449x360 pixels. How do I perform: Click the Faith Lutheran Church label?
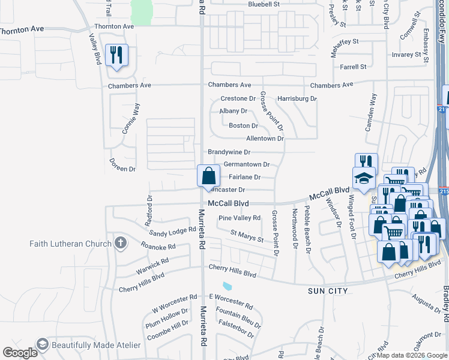pyautogui.click(x=71, y=243)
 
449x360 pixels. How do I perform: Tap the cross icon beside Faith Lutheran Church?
pyautogui.click(x=121, y=243)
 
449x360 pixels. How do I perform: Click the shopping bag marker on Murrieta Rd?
pyautogui.click(x=208, y=176)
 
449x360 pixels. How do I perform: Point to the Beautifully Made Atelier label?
pyautogui.click(x=96, y=345)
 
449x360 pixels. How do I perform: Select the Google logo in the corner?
pyautogui.click(x=20, y=353)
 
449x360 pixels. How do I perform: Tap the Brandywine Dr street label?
pyautogui.click(x=229, y=152)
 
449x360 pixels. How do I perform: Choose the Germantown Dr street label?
pyautogui.click(x=246, y=164)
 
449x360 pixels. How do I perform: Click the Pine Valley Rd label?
pyautogui.click(x=240, y=218)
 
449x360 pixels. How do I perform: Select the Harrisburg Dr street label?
pyautogui.click(x=297, y=98)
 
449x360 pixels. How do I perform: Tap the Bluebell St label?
pyautogui.click(x=264, y=4)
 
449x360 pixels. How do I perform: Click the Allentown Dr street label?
pyautogui.click(x=265, y=139)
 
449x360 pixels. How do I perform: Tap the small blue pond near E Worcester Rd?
pyautogui.click(x=227, y=286)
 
